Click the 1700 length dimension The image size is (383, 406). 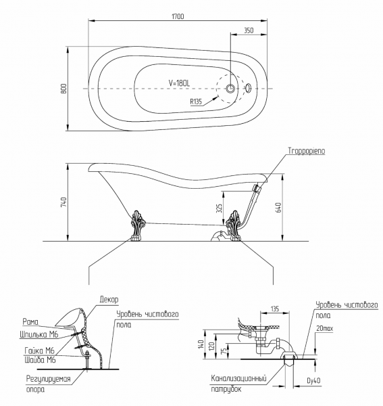tap(178, 16)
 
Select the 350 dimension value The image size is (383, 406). tap(249, 30)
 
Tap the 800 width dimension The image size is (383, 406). tap(63, 89)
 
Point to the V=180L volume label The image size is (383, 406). tap(179, 83)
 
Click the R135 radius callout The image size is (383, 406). tap(196, 101)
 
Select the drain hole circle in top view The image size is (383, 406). tap(230, 88)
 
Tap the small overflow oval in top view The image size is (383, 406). tap(248, 88)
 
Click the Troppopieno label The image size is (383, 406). tap(307, 151)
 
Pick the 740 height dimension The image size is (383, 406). tap(63, 202)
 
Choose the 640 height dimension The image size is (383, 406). tap(278, 208)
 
